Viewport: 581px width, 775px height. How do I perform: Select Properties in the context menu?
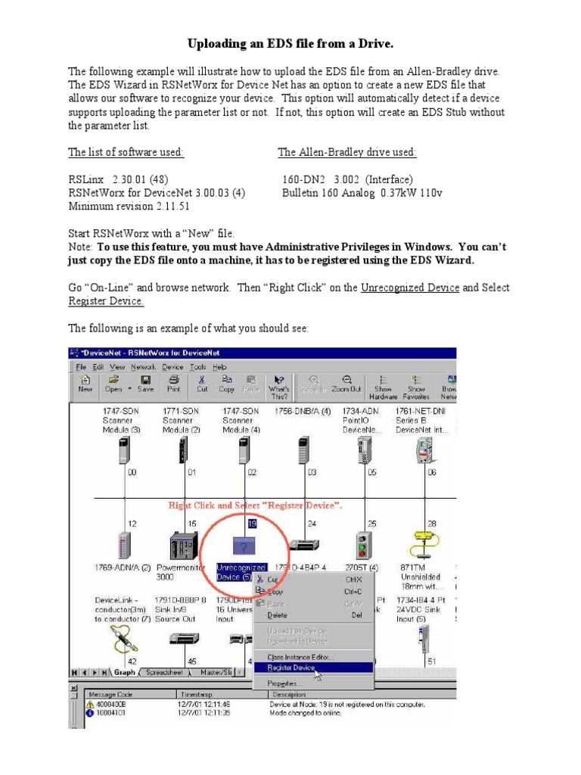[x=280, y=683]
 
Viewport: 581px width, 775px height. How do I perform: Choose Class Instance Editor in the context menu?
[x=300, y=656]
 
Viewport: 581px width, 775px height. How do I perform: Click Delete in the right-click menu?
[x=277, y=615]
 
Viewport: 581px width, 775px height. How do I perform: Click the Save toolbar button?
[x=145, y=384]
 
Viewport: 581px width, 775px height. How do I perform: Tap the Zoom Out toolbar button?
[x=346, y=384]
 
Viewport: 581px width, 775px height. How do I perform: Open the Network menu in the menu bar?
[x=143, y=366]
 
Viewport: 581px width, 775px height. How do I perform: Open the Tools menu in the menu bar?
[x=198, y=366]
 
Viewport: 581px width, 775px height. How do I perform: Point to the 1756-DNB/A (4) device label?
[x=305, y=412]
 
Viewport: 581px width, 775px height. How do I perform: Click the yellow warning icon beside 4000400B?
[x=91, y=703]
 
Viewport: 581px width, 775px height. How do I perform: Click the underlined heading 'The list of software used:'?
[x=126, y=152]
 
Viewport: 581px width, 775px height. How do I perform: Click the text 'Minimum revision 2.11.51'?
[x=129, y=206]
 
